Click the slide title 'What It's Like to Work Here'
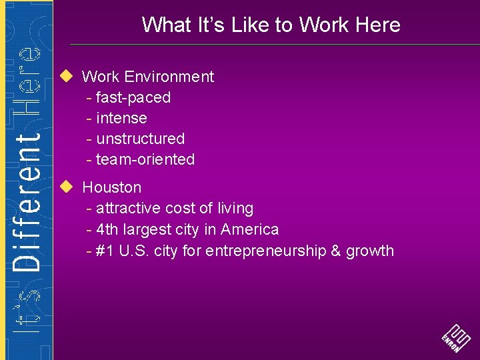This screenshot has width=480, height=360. pyautogui.click(x=271, y=25)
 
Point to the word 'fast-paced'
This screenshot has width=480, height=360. pyautogui.click(x=133, y=97)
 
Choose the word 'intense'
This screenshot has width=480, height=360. pyautogui.click(x=121, y=118)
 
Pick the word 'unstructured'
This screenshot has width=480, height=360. pyautogui.click(x=140, y=139)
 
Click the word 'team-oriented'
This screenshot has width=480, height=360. pyautogui.click(x=145, y=159)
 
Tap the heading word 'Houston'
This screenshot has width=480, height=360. pyautogui.click(x=111, y=187)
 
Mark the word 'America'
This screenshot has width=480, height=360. pyautogui.click(x=249, y=229)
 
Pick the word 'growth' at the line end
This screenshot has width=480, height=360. pyautogui.click(x=370, y=251)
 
